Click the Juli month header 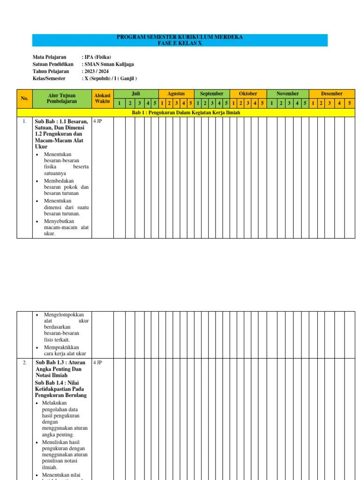[x=136, y=94]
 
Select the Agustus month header [x=176, y=94]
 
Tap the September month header [x=212, y=94]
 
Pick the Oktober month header [x=248, y=94]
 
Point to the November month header [x=288, y=94]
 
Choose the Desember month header [x=332, y=94]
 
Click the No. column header [x=24, y=98]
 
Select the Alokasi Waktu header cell [x=102, y=98]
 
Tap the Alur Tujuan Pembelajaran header [x=61, y=98]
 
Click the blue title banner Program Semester [x=180, y=40]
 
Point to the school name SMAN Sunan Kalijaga [x=109, y=64]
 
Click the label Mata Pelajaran [x=49, y=57]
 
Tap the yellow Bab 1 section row [x=186, y=112]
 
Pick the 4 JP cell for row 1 [x=98, y=121]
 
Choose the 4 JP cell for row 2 [x=98, y=363]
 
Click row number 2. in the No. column [x=24, y=363]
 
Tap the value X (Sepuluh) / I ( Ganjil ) [x=111, y=78]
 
